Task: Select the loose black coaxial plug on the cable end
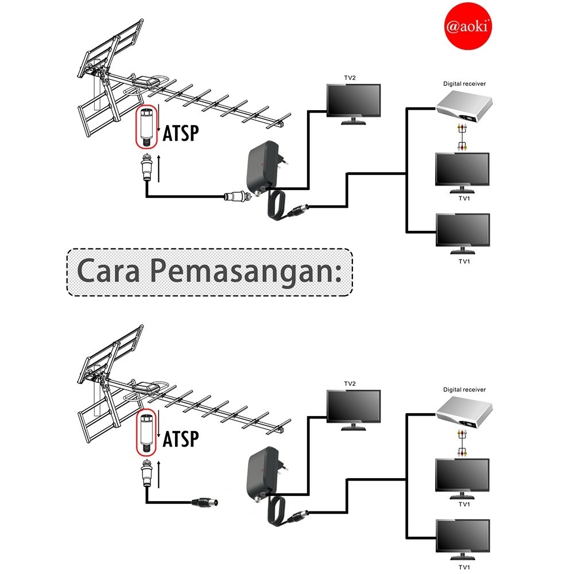[x=205, y=504]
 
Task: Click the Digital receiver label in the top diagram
[x=464, y=84]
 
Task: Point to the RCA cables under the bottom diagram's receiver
[x=461, y=444]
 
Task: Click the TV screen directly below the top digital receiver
[x=463, y=168]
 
